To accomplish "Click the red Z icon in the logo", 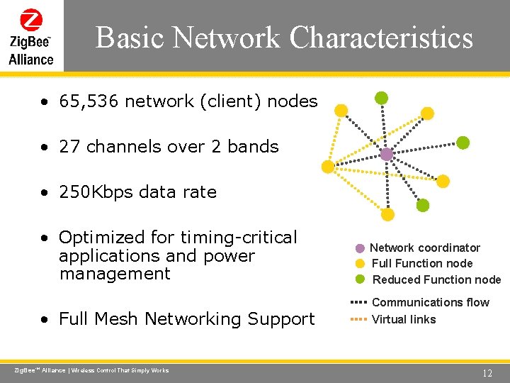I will click(x=31, y=19).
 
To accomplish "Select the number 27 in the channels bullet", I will click(x=69, y=147).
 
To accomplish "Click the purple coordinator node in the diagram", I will click(x=386, y=154).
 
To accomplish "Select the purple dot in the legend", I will click(x=360, y=248).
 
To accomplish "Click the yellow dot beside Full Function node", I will click(x=360, y=264).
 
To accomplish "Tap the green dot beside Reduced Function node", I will click(x=360, y=279).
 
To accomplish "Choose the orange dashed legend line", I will click(x=358, y=319).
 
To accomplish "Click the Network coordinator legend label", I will click(x=425, y=248).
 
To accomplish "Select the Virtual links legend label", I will click(x=404, y=320).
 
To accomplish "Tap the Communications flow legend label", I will click(x=431, y=303).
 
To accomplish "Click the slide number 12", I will click(x=487, y=373).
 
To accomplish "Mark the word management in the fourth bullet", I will click(x=115, y=274).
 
